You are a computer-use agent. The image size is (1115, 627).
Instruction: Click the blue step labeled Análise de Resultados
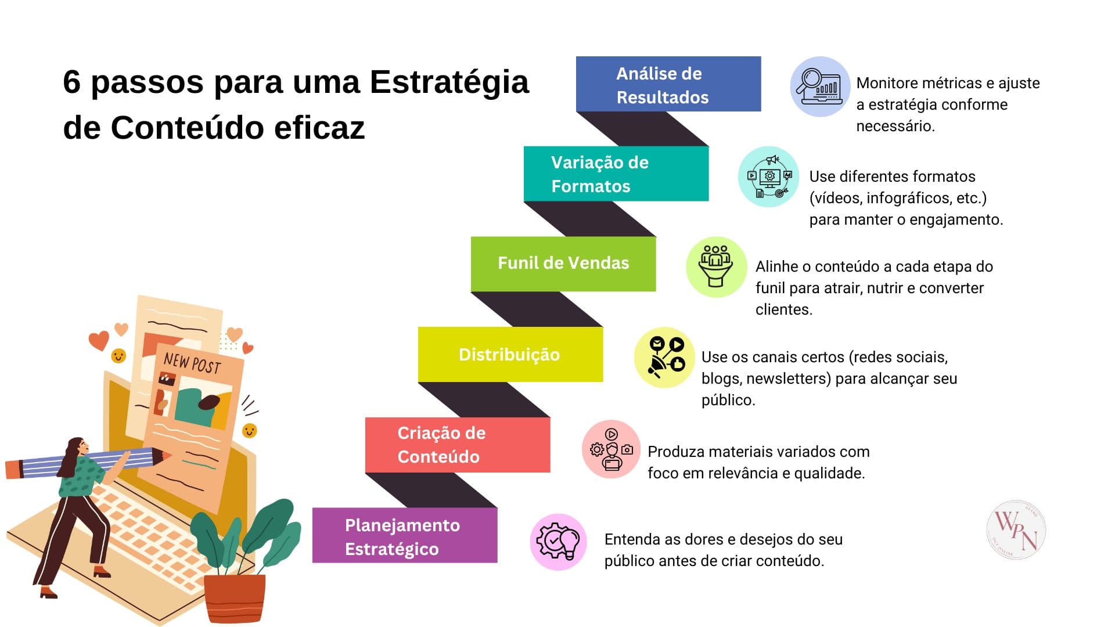pos(668,84)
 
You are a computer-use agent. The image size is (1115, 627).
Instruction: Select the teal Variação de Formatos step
pos(616,174)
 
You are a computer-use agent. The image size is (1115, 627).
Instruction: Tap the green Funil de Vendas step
pos(563,264)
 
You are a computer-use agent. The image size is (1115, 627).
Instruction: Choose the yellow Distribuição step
pos(510,354)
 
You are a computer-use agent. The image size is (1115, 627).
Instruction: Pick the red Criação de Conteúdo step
pos(458,445)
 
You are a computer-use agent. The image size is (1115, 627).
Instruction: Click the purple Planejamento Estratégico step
pos(405,535)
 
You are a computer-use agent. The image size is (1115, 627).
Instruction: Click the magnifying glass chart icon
pos(820,87)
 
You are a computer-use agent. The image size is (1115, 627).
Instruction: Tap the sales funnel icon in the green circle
pos(716,266)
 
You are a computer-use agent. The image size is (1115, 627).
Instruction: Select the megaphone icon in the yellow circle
pos(664,357)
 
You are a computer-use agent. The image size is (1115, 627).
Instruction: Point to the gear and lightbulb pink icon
pos(559,542)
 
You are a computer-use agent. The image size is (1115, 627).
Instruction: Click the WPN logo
pos(1016,530)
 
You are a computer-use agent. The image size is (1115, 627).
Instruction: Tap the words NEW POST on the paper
pos(192,363)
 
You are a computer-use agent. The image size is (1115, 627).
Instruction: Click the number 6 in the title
pos(71,81)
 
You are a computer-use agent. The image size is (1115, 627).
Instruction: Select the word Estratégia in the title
pos(449,81)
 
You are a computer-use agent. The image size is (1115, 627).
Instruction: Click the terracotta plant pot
pos(235,599)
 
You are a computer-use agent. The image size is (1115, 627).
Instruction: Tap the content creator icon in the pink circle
pos(611,449)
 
